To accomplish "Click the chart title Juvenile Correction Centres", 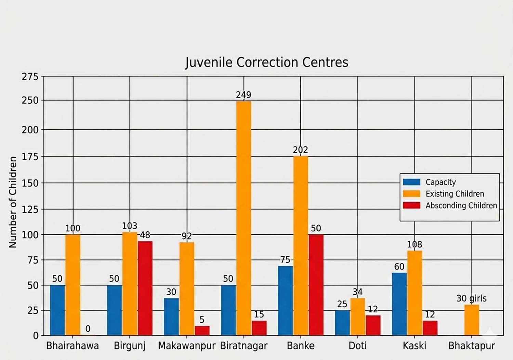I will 266,63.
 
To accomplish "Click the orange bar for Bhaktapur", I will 472,320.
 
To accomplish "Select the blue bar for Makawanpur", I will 171,317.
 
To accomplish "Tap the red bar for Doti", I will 373,325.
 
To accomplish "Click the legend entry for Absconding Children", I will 461,206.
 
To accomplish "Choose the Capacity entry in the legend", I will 440,182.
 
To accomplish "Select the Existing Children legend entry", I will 455,194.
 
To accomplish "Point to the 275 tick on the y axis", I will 30,77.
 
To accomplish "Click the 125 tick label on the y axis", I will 30,209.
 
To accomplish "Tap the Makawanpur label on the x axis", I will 187,346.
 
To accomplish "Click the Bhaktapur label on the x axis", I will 472,346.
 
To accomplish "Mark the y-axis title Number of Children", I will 13,202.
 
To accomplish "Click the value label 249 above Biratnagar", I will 244,95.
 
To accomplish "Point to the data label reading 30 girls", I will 471,298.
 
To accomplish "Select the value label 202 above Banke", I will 300,150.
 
